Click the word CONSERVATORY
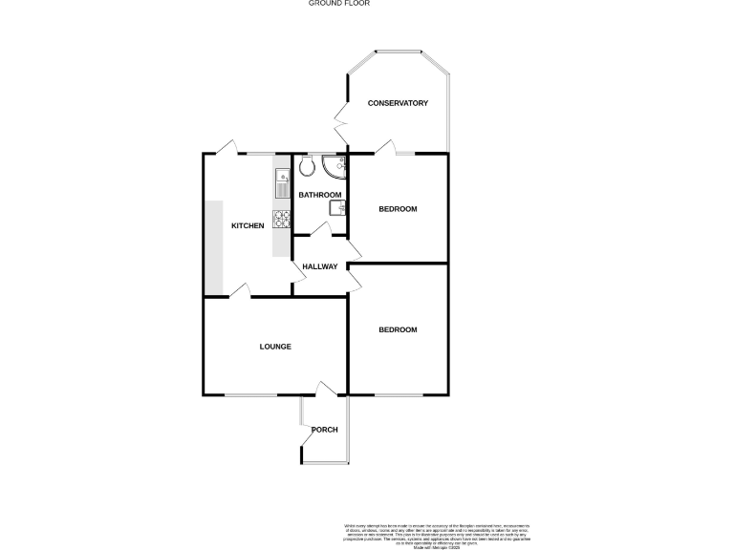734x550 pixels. pos(398,103)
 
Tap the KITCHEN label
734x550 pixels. pos(248,225)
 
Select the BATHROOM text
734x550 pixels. pos(319,195)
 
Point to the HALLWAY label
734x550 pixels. pos(319,266)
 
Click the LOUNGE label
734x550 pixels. pos(275,347)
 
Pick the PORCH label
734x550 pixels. pos(325,430)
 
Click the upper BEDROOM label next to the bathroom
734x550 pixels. pos(398,209)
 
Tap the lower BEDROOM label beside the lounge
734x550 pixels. pos(398,330)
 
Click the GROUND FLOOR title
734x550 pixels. pos(338,4)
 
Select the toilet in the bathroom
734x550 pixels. pos(307,168)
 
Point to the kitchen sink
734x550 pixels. pos(282,180)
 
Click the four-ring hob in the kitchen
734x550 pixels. pos(282,218)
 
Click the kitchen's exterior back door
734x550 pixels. pos(226,148)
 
